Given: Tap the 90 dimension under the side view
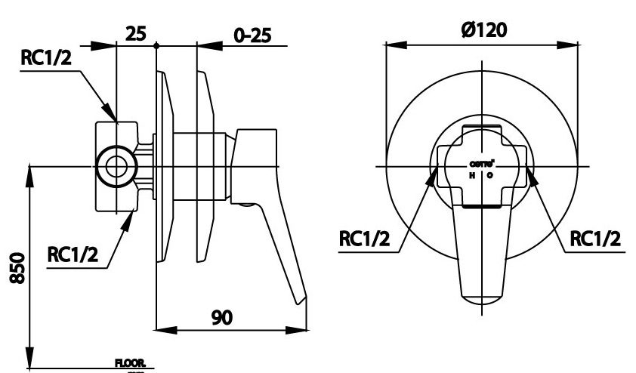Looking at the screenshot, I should point(222,318).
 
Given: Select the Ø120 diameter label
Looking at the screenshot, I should point(483,29).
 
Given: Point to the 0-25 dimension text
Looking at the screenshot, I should point(252,35).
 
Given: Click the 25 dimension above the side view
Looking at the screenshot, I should point(136,33).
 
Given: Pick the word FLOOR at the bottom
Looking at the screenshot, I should point(129,363).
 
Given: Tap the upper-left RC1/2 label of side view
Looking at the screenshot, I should point(46,59).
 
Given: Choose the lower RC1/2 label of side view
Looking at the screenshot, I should point(74,255).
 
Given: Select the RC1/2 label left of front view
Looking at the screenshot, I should point(364,239).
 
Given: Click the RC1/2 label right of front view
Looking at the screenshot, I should point(595,239).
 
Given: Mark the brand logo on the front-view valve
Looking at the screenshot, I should point(482,163).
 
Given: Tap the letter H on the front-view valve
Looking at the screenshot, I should point(472,175).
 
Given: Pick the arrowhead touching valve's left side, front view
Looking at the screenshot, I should point(434,177).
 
